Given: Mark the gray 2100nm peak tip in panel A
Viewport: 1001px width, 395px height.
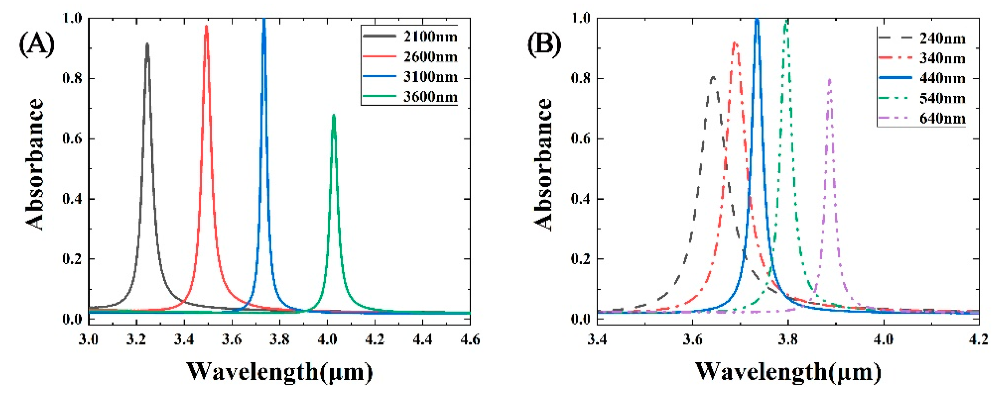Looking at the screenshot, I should tap(147, 45).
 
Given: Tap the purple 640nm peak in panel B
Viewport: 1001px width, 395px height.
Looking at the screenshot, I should tap(830, 80).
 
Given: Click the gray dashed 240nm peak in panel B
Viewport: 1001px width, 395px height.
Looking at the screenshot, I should tap(713, 78).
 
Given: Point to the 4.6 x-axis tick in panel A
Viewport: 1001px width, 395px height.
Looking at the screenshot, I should tap(470, 339).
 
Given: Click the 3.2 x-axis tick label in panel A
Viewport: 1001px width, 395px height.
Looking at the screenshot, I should tap(136, 339).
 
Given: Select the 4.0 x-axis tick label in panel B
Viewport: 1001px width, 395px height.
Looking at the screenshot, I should tap(884, 339).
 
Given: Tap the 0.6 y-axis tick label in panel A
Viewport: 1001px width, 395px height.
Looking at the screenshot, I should tap(73, 139).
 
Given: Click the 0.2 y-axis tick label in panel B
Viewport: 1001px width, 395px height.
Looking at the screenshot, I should tap(581, 259).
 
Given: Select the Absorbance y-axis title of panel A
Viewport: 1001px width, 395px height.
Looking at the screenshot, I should tap(35, 164).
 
